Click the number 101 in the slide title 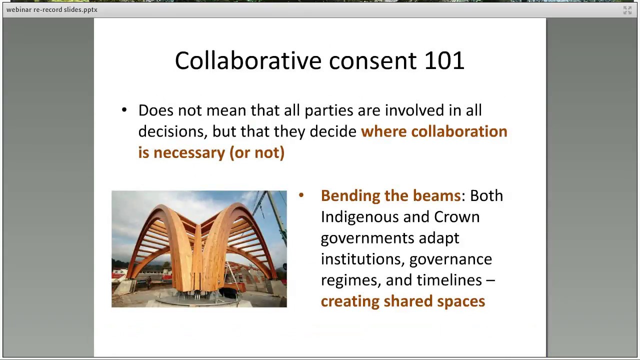click(x=444, y=60)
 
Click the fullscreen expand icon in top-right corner click(x=627, y=10)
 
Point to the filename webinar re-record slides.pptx click(x=52, y=9)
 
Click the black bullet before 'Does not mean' click(x=124, y=110)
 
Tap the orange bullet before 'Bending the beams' click(x=301, y=195)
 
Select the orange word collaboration click(x=459, y=131)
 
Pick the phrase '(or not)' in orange click(x=257, y=152)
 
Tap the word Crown click(x=456, y=217)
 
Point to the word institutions click(x=362, y=259)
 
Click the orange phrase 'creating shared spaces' click(x=402, y=301)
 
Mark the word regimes click(x=350, y=280)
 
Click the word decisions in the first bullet click(x=172, y=131)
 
